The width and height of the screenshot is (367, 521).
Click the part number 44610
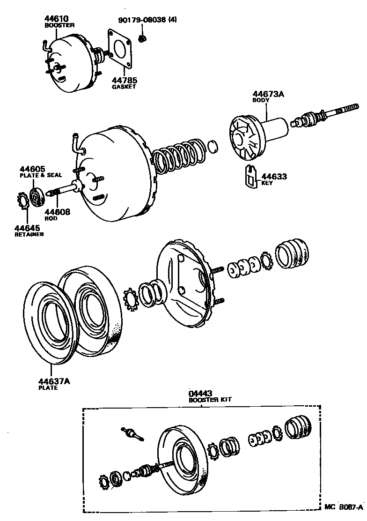(x=55, y=19)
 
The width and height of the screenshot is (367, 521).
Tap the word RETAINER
(x=29, y=234)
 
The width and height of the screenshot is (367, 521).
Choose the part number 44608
(x=57, y=212)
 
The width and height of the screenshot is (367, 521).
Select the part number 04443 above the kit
(x=200, y=394)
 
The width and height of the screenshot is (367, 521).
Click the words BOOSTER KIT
(x=210, y=400)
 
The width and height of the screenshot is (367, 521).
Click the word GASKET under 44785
(x=124, y=87)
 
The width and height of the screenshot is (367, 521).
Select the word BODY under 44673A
(x=261, y=100)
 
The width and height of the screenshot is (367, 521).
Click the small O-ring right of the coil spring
(x=213, y=147)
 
